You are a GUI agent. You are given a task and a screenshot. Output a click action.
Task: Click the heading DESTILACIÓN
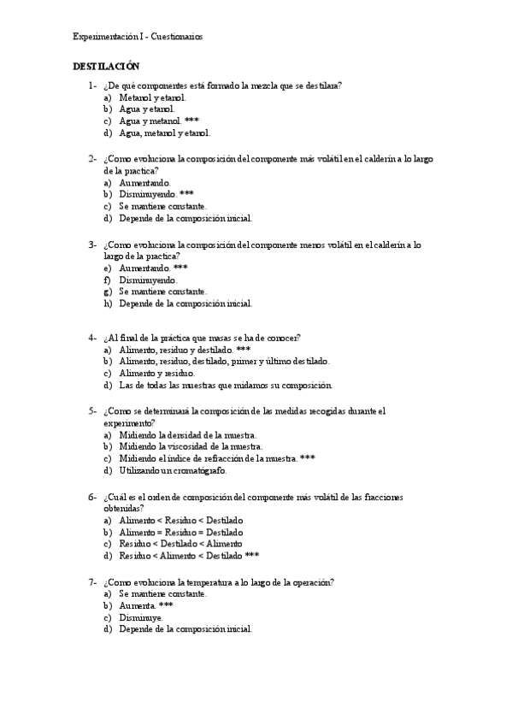coord(106,66)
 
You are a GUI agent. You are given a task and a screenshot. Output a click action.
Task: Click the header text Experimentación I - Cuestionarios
coord(138,36)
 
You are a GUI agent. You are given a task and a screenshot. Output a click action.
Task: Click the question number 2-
coord(92,158)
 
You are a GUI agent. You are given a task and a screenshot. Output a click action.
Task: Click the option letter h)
coord(108,303)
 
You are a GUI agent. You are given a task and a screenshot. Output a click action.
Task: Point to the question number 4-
coord(92,337)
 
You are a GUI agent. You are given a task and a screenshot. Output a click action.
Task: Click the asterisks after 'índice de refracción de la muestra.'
coord(308,457)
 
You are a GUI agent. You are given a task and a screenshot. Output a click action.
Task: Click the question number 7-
coord(92,581)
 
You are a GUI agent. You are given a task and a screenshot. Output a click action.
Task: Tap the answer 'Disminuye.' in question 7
coord(141,616)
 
